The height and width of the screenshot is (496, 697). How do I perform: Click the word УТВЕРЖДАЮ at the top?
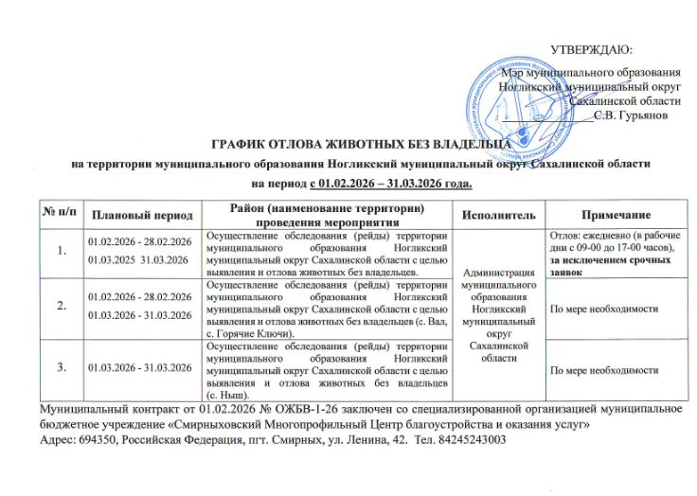592,48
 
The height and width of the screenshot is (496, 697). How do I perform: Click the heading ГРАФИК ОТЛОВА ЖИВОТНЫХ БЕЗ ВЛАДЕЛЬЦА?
352,143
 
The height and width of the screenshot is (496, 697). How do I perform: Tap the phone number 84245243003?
472,441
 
